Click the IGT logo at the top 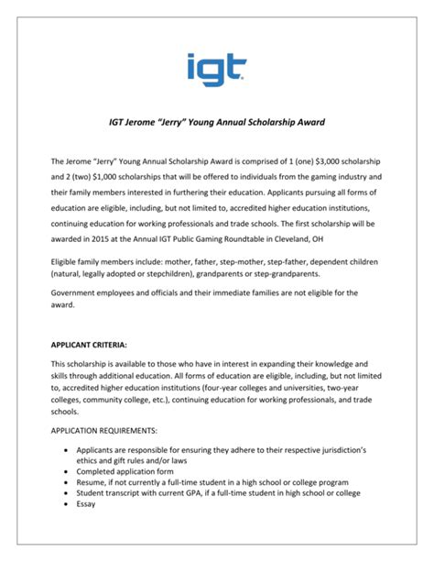tap(217, 68)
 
